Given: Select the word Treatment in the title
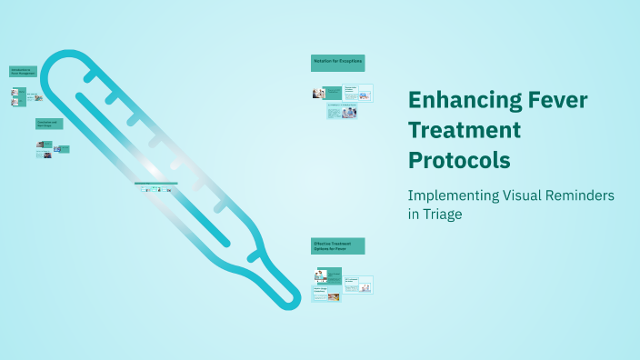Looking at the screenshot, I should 465,129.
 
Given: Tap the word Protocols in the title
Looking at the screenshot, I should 459,160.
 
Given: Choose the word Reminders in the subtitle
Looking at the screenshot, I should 592,195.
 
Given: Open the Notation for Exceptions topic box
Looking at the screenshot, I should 338,62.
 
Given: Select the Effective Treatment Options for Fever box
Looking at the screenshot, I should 338,246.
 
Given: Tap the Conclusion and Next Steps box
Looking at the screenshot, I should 48,124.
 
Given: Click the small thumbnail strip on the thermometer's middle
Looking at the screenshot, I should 155,187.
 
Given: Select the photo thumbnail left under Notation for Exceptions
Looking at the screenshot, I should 318,93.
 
